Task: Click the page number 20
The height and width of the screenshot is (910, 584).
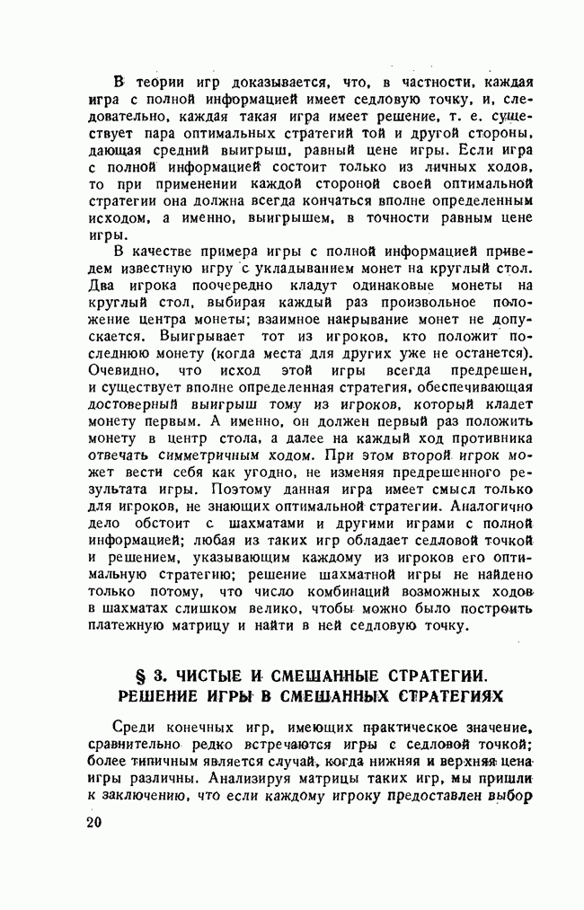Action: coord(95,824)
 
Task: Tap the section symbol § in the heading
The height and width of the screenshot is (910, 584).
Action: coord(138,675)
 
